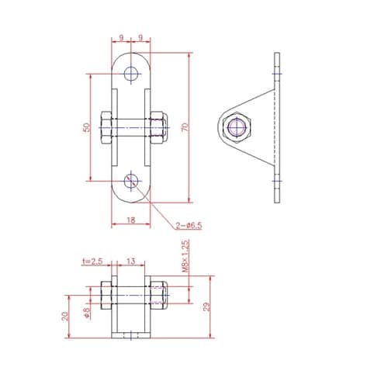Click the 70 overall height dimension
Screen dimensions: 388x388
click(x=185, y=127)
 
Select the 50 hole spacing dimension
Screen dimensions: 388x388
click(x=87, y=127)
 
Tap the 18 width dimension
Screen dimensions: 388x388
click(x=131, y=220)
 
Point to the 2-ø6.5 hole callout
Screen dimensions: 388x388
click(x=189, y=226)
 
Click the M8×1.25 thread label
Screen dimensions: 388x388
click(x=185, y=256)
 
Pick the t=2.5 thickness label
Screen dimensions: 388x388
click(x=92, y=262)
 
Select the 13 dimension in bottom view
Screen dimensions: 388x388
click(x=131, y=262)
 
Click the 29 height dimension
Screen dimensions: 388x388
click(x=206, y=307)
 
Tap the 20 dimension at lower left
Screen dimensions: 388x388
click(x=65, y=316)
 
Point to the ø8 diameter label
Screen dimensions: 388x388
click(x=87, y=312)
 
